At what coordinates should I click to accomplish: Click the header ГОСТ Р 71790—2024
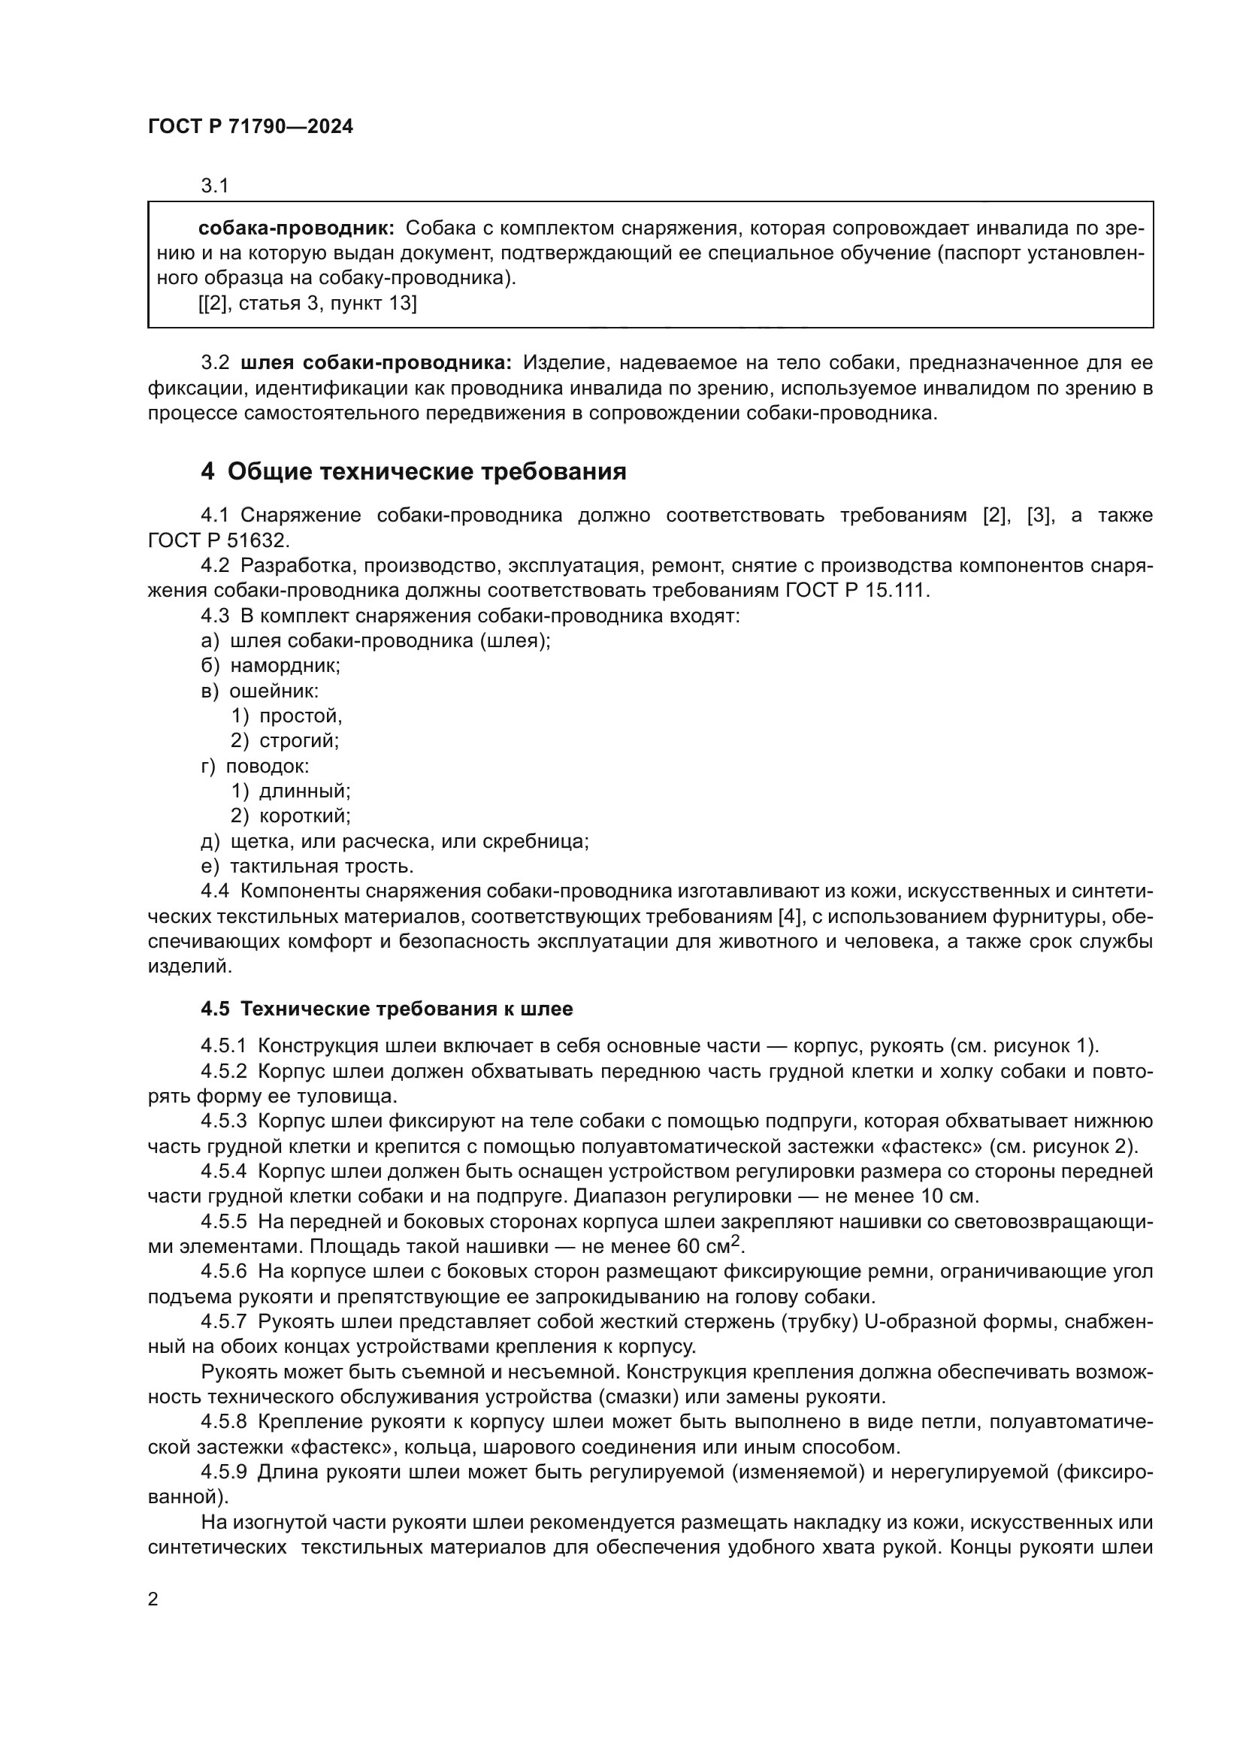(x=250, y=127)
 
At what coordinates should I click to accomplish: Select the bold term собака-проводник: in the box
(x=296, y=228)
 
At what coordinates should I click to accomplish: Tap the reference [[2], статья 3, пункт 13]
(x=307, y=303)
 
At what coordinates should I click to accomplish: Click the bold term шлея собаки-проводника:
(x=376, y=362)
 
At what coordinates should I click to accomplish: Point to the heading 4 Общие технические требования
(x=413, y=471)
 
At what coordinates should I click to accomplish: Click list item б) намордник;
(x=271, y=665)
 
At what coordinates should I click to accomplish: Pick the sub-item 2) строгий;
(x=285, y=740)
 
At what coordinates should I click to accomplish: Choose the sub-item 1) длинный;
(x=291, y=791)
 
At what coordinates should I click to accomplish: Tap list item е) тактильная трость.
(x=307, y=866)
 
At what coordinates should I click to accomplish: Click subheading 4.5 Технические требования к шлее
(x=386, y=1009)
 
